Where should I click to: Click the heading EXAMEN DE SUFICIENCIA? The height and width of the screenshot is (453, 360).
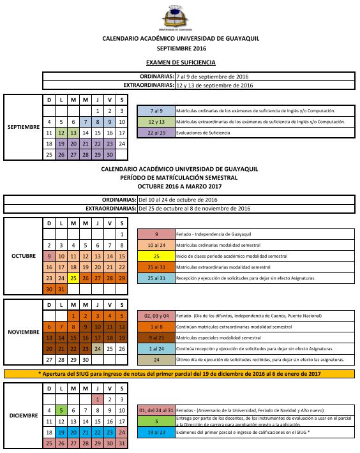click(181, 63)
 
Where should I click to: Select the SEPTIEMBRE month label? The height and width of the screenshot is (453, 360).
click(24, 127)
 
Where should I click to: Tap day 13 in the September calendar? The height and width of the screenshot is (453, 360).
click(73, 133)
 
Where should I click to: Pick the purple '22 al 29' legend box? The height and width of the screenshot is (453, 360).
click(156, 132)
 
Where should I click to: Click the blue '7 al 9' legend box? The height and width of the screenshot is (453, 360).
click(156, 110)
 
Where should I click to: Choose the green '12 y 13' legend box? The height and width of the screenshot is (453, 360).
click(156, 121)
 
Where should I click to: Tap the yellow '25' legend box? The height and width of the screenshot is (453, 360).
click(156, 255)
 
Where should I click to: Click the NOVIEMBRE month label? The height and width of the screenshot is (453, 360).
click(24, 332)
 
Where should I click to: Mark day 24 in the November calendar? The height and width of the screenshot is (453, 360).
click(98, 349)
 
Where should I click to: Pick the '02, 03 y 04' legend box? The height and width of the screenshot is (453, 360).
click(156, 315)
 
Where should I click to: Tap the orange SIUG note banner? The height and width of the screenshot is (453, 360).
click(179, 373)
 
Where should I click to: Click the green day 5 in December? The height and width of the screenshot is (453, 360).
click(61, 410)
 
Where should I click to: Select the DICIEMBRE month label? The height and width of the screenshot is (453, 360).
click(24, 415)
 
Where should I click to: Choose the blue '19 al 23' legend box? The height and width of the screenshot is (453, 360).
click(156, 432)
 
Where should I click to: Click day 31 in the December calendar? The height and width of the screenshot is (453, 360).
click(122, 443)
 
